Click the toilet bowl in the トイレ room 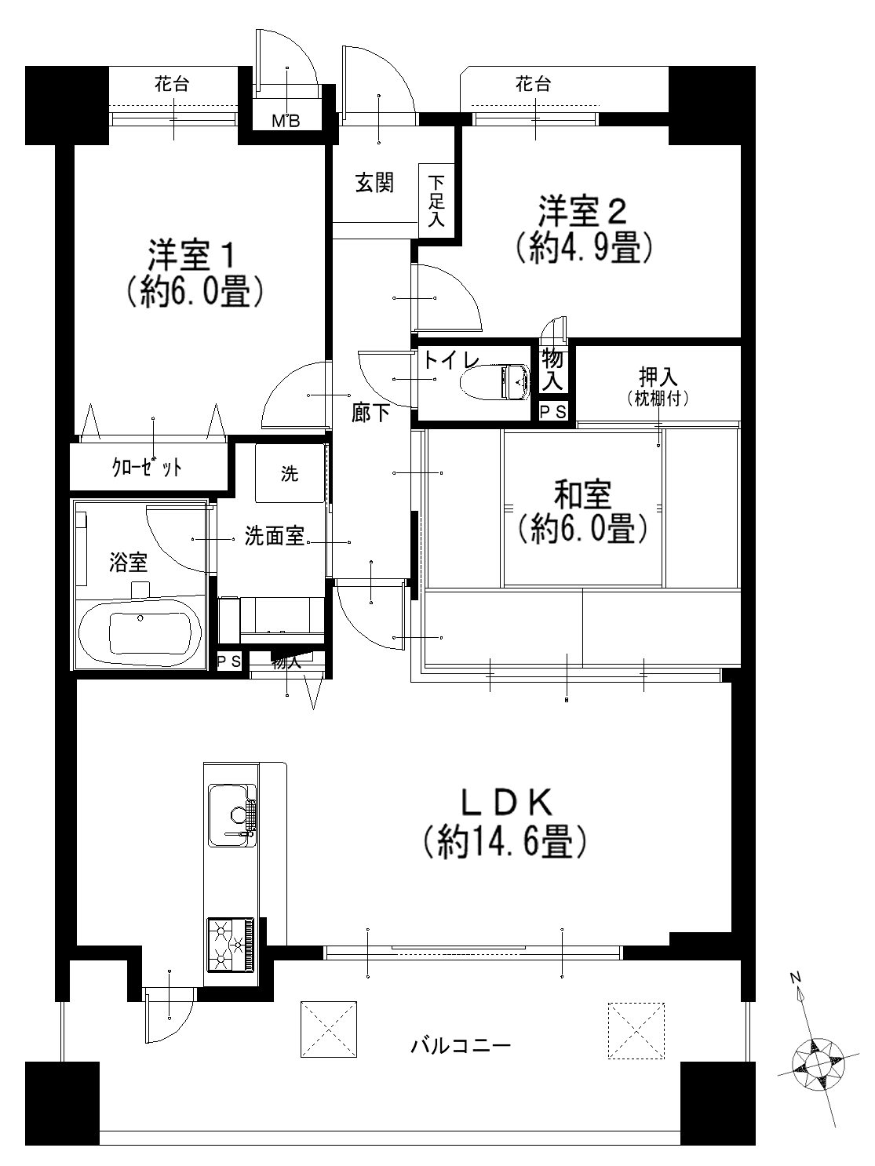494,381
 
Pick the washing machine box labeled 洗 290,473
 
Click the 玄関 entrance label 374,184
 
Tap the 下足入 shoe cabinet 436,202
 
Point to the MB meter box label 286,122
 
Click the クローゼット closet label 148,468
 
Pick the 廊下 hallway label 371,413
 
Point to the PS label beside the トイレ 553,412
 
